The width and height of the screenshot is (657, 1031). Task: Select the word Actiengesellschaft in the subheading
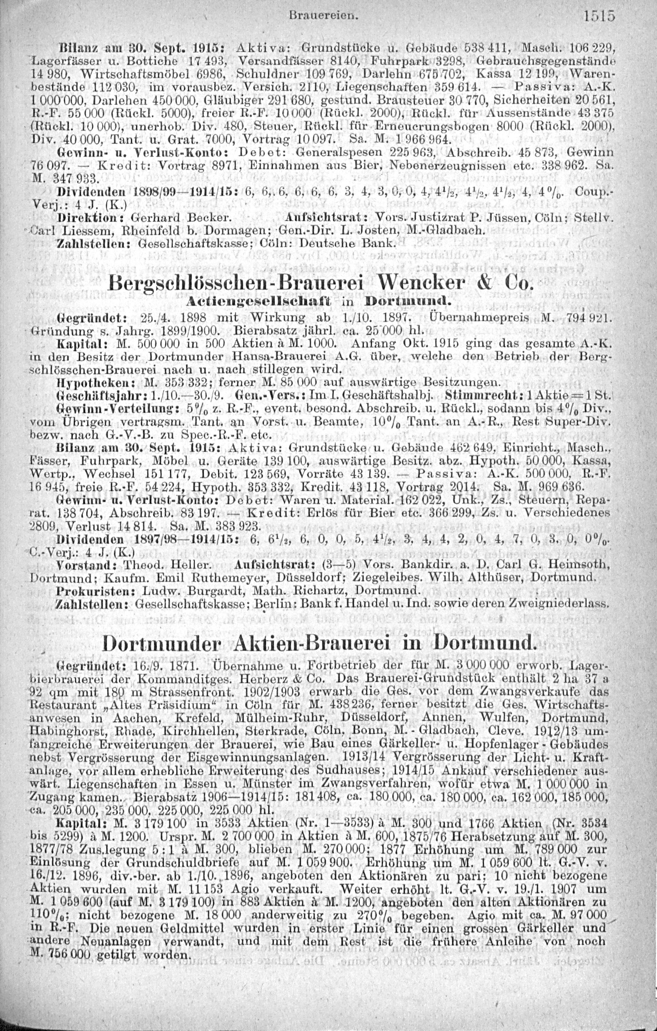tap(258, 302)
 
